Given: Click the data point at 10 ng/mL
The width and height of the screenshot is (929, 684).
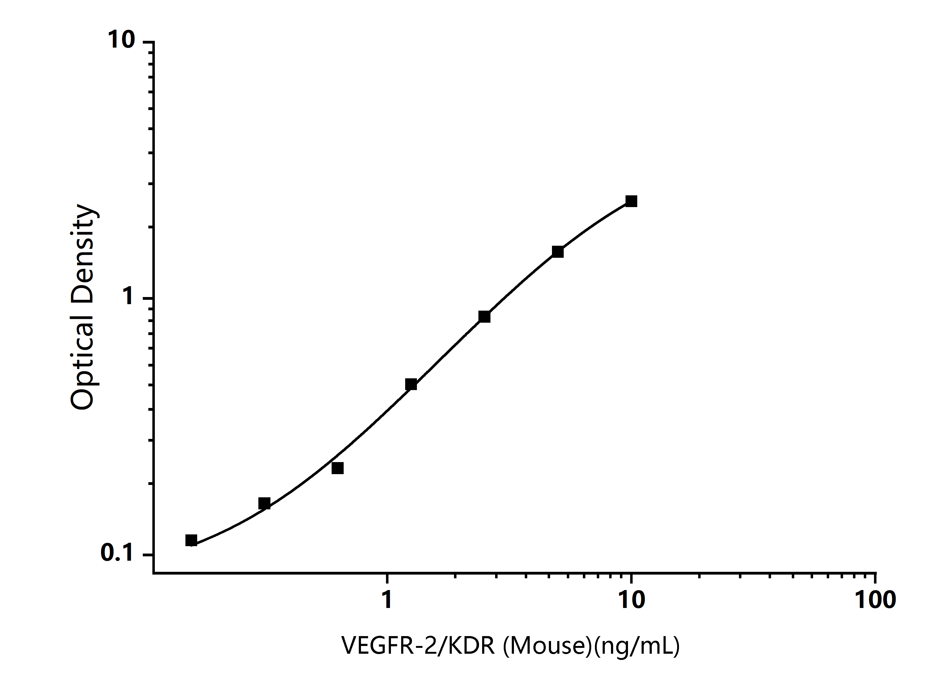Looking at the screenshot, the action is click(x=631, y=202).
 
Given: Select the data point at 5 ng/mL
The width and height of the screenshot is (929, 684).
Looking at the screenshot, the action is click(x=558, y=252).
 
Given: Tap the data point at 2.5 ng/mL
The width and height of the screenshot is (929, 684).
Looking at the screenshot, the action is click(x=484, y=317).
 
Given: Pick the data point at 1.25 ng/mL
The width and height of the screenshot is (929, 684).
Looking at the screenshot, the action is click(x=411, y=384).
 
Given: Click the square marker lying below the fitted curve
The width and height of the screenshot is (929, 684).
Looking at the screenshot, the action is click(x=338, y=468).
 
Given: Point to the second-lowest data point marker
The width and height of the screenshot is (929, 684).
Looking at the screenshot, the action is click(x=264, y=503).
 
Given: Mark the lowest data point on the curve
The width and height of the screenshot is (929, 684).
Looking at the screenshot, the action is click(x=191, y=540).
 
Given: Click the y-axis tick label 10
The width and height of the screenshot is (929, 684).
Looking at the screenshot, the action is click(x=121, y=40).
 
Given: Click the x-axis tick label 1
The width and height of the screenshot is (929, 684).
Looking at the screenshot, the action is click(x=387, y=599).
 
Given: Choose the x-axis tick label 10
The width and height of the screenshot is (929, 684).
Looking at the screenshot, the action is click(x=632, y=599).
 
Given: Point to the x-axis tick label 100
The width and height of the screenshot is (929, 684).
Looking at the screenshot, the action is click(x=876, y=599).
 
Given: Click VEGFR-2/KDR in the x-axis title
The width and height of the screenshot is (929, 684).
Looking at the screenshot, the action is click(x=418, y=645).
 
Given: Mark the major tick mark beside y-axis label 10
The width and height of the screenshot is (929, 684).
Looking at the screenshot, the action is click(x=148, y=42).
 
